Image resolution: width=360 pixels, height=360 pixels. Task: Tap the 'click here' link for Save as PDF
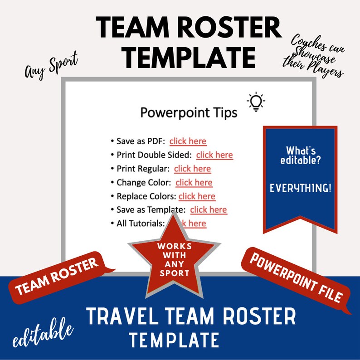point(188,141)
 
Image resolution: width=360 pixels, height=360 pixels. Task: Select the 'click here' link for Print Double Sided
point(214,155)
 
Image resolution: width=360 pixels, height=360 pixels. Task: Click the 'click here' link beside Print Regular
point(192,169)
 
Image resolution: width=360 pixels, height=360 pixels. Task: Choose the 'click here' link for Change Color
point(194,182)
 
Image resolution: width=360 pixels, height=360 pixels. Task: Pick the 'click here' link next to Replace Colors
point(197,196)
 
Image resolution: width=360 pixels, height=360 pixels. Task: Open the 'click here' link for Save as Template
point(209,209)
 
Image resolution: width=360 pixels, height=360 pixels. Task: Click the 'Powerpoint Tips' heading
point(189,112)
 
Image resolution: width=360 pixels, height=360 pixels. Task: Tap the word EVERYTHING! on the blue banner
point(300,188)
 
